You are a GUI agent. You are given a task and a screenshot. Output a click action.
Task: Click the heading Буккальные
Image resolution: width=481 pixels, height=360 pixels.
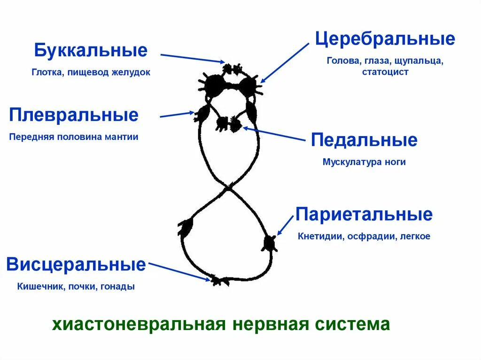click(x=91, y=51)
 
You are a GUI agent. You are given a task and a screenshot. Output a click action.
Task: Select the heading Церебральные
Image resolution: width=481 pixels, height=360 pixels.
click(x=385, y=39)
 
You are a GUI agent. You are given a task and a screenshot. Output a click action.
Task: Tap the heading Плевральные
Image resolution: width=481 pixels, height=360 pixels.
click(x=74, y=115)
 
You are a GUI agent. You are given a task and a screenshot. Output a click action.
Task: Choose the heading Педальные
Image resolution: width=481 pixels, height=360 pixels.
click(x=364, y=140)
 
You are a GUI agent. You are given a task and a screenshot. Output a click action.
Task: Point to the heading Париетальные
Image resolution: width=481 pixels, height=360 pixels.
click(x=364, y=214)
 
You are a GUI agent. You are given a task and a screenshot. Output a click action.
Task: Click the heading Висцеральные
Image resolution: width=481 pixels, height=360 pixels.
click(x=76, y=265)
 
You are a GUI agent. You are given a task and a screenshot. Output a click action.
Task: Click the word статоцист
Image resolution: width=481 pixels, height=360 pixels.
click(x=385, y=72)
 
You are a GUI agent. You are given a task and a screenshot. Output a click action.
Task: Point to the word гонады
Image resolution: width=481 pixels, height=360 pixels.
click(x=118, y=286)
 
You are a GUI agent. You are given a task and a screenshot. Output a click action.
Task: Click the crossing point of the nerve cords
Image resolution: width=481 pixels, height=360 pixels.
click(x=228, y=187)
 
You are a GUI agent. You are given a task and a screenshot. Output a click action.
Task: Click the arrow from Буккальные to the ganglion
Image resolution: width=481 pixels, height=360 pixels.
click(x=193, y=58)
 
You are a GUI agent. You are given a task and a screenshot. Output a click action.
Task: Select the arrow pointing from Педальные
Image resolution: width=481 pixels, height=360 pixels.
click(x=275, y=134)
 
